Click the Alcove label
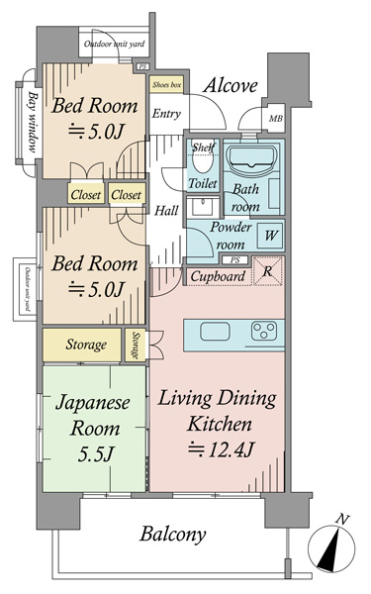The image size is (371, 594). (x=231, y=86)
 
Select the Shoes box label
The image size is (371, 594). (x=165, y=85)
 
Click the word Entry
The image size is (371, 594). (x=166, y=113)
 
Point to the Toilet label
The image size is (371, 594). (x=203, y=183)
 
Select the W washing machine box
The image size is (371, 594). (x=270, y=237)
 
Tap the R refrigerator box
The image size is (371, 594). (x=269, y=272)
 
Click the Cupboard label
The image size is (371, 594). (x=217, y=276)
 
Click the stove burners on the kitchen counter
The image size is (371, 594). (x=265, y=331)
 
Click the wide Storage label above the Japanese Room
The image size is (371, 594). (x=86, y=345)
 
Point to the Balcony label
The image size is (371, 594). (x=172, y=536)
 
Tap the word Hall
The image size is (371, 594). (x=165, y=211)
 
